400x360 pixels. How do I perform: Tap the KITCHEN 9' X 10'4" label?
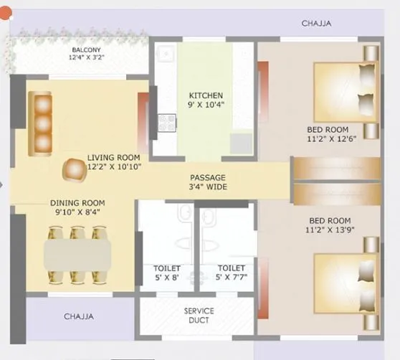point(206,100)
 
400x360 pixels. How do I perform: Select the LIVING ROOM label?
point(113,162)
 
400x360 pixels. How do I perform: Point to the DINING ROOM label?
point(77,207)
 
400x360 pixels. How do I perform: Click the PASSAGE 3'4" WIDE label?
point(208,182)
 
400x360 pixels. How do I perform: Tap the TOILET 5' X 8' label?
point(166,273)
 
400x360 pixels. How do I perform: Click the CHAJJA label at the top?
point(316,23)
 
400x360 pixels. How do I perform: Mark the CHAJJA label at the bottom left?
point(79,316)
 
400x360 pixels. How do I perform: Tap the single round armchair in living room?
point(74,170)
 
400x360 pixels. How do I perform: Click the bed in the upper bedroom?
point(346,91)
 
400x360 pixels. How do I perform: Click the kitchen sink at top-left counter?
point(166,55)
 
